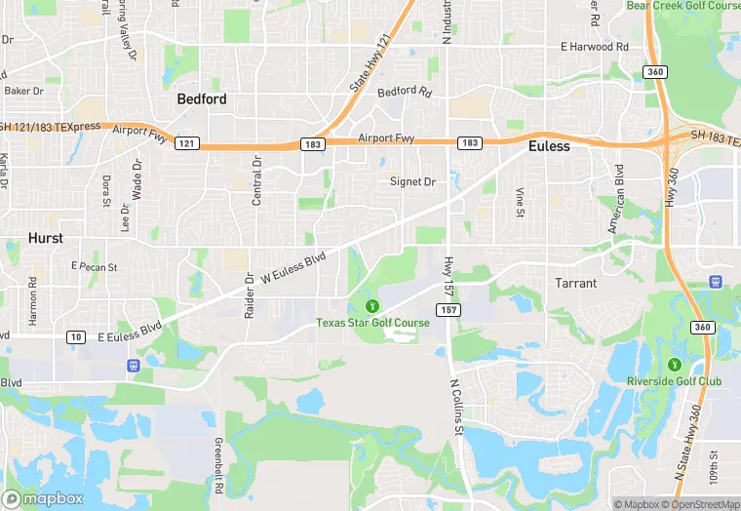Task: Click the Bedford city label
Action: click(202, 98)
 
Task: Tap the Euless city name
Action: click(548, 146)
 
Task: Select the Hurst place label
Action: click(46, 238)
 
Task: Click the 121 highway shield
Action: click(187, 143)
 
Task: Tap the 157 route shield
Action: click(448, 309)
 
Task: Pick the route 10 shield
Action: click(76, 336)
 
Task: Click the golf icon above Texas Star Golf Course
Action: click(370, 307)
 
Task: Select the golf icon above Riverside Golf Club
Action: click(670, 365)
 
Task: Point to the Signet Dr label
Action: click(412, 181)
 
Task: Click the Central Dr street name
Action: click(257, 180)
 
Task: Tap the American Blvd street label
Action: click(616, 199)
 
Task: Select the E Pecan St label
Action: click(95, 266)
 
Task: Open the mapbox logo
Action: click(43, 497)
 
